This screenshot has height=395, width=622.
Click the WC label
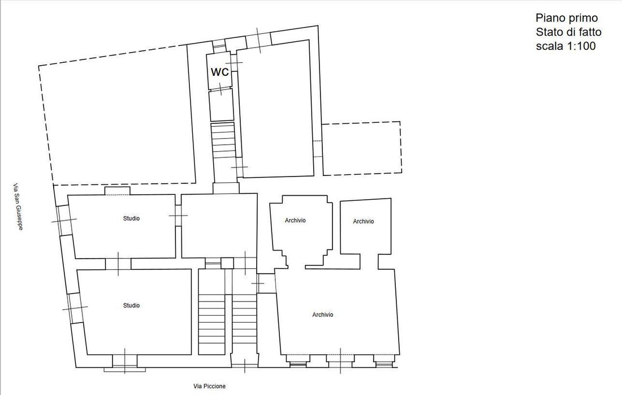(x=219, y=72)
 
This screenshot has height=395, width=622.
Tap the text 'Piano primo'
(x=567, y=18)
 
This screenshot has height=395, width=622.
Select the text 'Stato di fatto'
(x=568, y=32)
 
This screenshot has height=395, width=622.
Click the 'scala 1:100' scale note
(x=565, y=46)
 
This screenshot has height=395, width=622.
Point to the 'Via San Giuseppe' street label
(x=18, y=207)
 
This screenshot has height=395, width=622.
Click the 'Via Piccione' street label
(x=209, y=387)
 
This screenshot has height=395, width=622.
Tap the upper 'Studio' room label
(x=131, y=218)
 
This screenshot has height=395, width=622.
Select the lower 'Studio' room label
(x=131, y=305)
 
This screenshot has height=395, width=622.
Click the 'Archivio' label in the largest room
(x=322, y=315)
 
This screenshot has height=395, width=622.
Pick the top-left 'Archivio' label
(x=295, y=220)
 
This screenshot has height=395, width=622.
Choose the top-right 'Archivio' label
(x=364, y=221)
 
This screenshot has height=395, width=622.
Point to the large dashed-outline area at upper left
(x=38, y=119)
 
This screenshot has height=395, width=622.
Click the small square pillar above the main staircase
(x=227, y=263)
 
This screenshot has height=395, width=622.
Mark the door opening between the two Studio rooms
(x=118, y=264)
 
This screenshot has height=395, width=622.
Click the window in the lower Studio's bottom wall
(x=124, y=361)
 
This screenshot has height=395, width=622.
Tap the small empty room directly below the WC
(x=221, y=105)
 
